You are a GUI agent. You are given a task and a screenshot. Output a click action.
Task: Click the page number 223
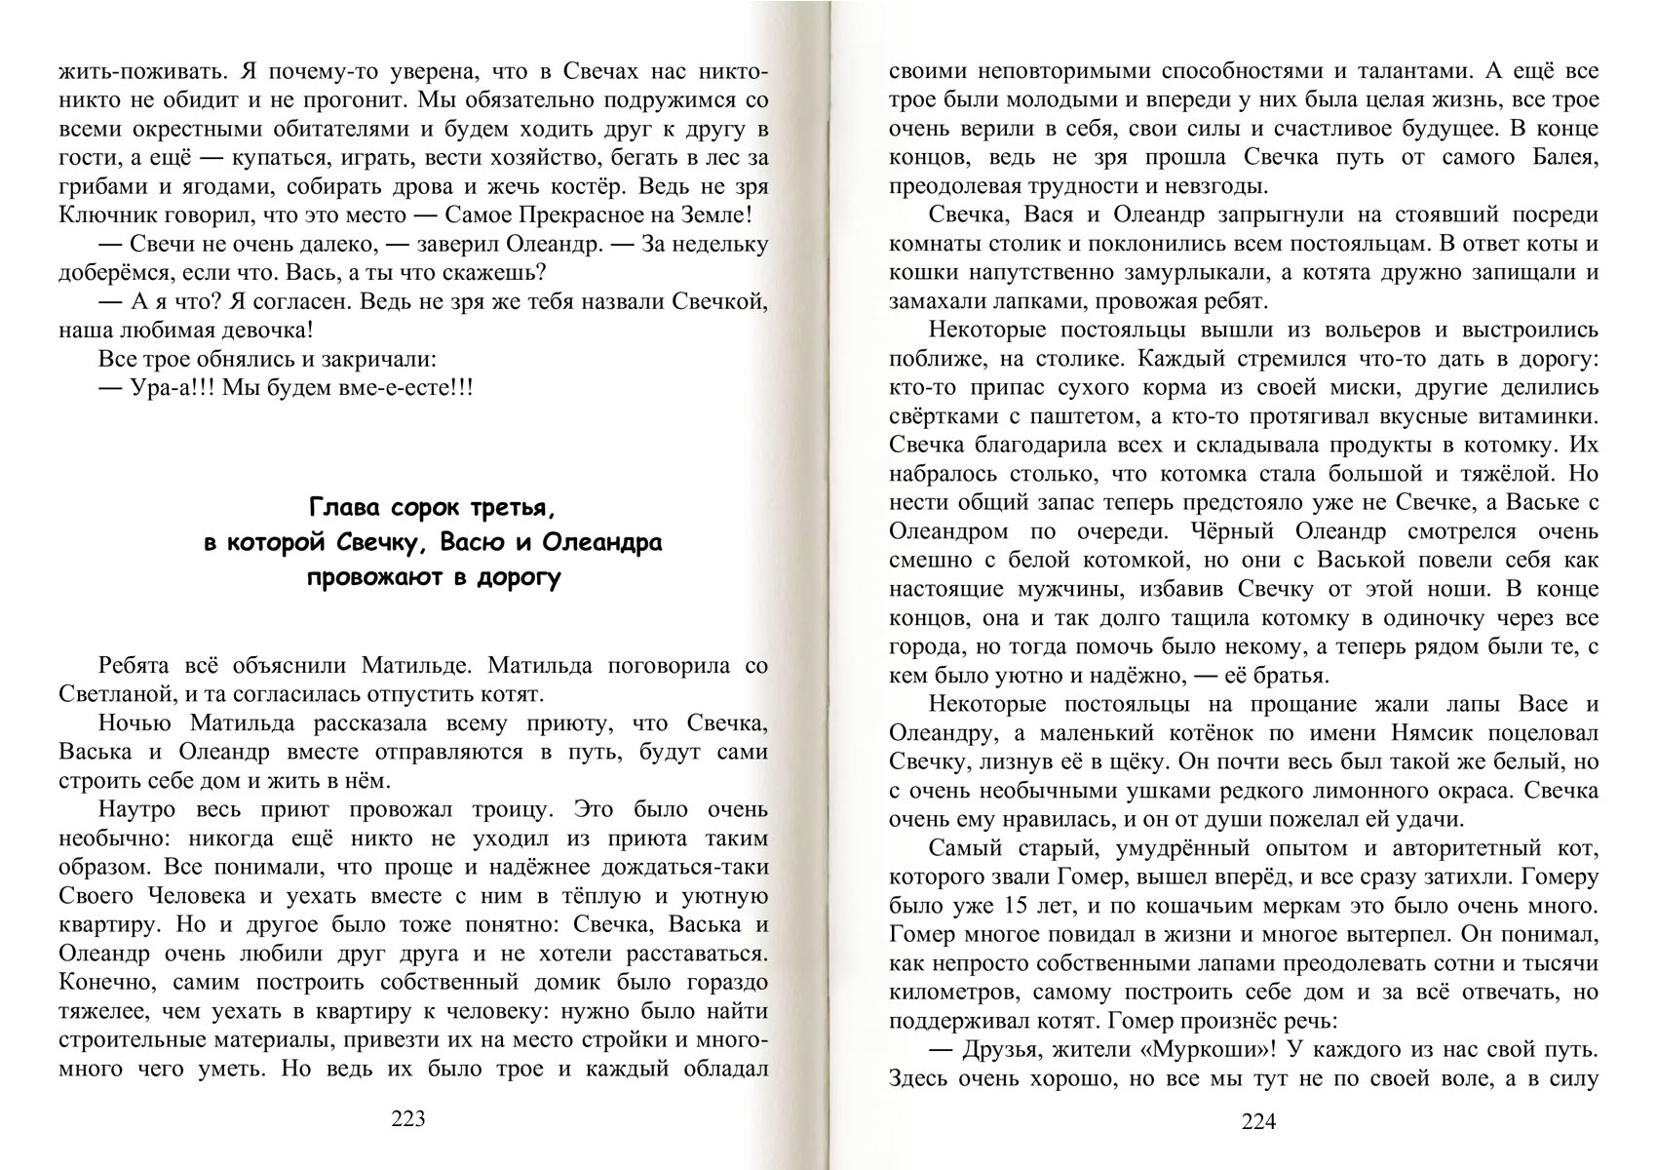point(407,1119)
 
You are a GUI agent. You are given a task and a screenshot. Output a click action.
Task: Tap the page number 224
point(1258,1121)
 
